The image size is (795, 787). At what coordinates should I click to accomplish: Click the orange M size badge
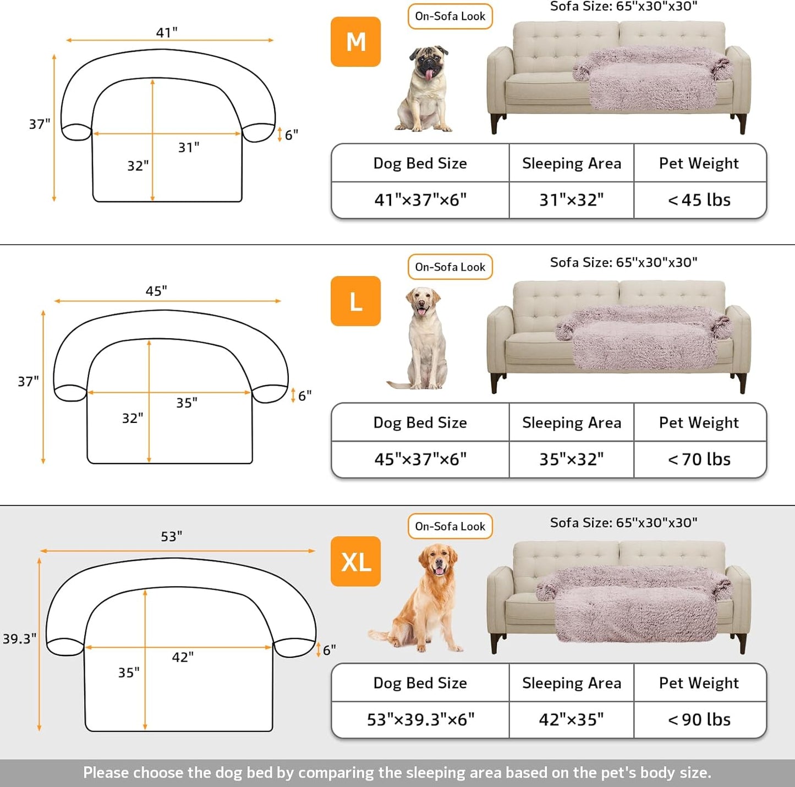tap(355, 42)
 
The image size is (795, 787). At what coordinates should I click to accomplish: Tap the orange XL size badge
tap(355, 562)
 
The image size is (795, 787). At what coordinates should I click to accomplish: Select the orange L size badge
tap(355, 301)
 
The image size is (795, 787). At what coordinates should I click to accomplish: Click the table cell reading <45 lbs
tap(699, 200)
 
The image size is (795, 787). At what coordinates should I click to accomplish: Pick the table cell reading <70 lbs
tap(699, 459)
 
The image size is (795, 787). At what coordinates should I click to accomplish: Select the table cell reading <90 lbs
tap(699, 719)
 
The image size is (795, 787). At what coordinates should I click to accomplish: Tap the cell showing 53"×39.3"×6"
tap(420, 719)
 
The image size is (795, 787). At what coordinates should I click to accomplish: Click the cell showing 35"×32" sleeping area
tap(571, 459)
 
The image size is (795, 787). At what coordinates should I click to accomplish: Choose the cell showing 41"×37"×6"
tap(420, 200)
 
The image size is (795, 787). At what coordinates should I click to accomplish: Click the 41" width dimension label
tap(167, 32)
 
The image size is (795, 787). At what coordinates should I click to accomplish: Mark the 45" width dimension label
tap(156, 291)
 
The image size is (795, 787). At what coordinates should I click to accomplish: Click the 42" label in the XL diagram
tap(183, 657)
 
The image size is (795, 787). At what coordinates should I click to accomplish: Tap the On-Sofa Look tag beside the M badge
tap(450, 16)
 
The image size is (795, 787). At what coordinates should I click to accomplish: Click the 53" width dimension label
tap(172, 536)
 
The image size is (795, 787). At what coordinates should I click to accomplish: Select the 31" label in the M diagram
tap(189, 147)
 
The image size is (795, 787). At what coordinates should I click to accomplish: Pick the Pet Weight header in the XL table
tap(699, 683)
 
